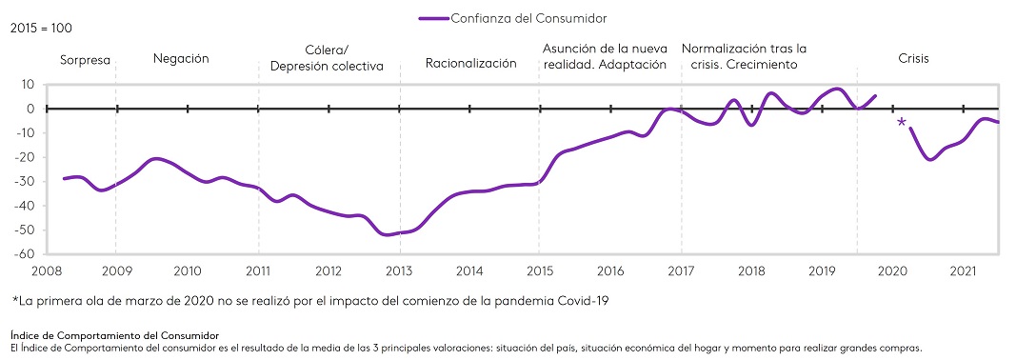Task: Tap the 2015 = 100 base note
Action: tap(40, 30)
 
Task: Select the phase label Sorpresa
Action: tap(86, 60)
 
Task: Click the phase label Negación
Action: tap(181, 59)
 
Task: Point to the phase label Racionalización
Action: tap(470, 63)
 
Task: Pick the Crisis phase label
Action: tap(913, 59)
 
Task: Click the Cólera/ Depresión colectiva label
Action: tap(326, 58)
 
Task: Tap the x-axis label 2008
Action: tap(46, 270)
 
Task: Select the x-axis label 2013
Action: tap(399, 270)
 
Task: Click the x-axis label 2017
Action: tap(681, 270)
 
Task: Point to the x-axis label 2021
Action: tap(963, 270)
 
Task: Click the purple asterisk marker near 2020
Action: tap(900, 123)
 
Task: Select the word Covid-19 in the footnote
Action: tap(581, 301)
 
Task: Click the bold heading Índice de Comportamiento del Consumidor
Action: tap(114, 336)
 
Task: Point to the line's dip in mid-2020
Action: tap(930, 160)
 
